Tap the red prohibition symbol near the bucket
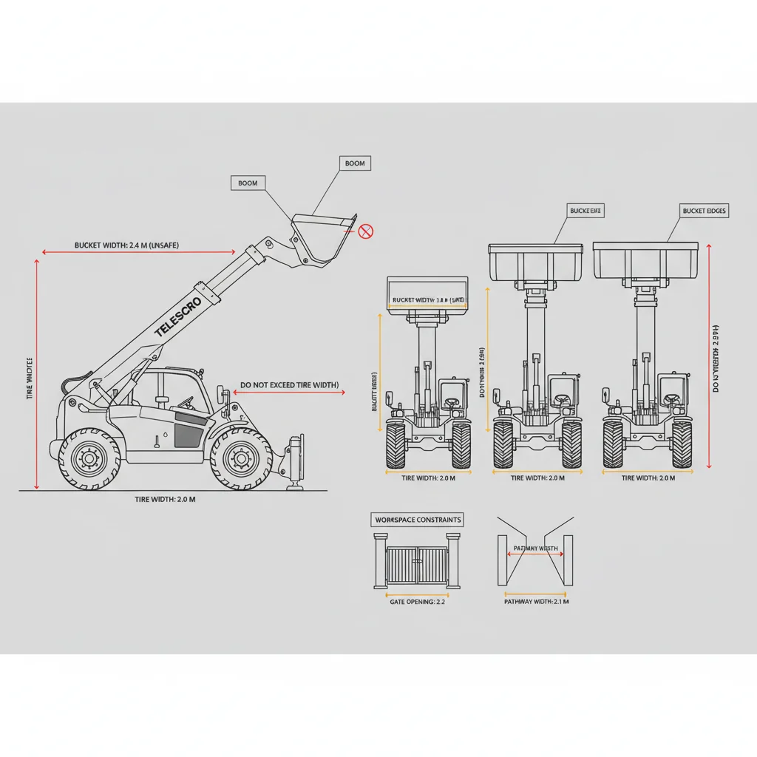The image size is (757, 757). coord(365,232)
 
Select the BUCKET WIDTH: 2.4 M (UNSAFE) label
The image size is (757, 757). coord(126,245)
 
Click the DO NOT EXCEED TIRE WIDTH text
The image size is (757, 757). coord(289,385)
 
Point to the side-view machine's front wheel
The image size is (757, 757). coord(241,458)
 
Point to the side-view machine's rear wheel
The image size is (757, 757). coord(89,458)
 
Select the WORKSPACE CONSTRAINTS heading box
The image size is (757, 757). coord(418,520)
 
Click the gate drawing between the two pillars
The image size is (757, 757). coord(418,566)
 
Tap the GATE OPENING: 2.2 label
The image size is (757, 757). coord(416,602)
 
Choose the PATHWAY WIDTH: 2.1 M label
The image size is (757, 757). coord(536,602)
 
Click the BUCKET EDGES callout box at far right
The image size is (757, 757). coord(704,211)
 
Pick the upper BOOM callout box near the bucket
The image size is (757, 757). coord(355,163)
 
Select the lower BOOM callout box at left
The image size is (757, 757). coord(248,183)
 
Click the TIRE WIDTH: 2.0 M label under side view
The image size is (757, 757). coord(165,500)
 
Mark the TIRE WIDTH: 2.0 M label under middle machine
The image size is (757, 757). coord(537,478)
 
